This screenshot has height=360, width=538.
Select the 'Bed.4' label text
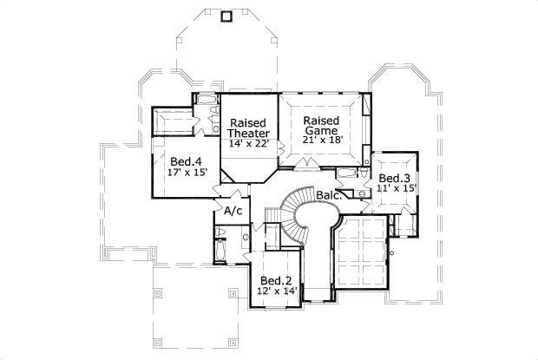pos(186,161)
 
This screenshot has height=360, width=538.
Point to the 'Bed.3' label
pos(393,177)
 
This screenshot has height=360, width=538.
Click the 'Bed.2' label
pos(277,280)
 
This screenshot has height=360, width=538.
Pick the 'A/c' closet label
pos(233,211)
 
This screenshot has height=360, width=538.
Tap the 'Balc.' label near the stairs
pos(327,195)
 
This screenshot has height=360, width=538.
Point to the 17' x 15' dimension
pos(186,173)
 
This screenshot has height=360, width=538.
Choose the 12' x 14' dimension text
pos(277,291)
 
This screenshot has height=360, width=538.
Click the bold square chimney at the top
pos(228,16)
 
